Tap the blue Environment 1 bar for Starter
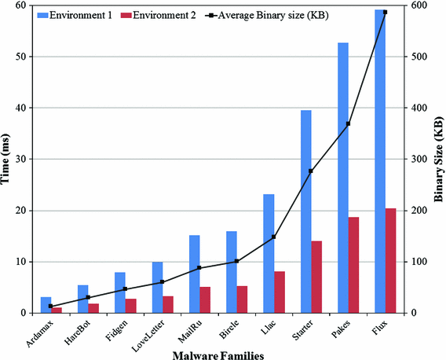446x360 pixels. tap(305, 211)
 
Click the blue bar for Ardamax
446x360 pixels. tap(46, 305)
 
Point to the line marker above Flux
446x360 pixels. tap(385, 13)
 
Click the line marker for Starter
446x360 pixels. tap(310, 171)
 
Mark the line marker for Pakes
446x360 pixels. tap(348, 124)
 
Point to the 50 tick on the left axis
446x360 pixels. tap(22, 57)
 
